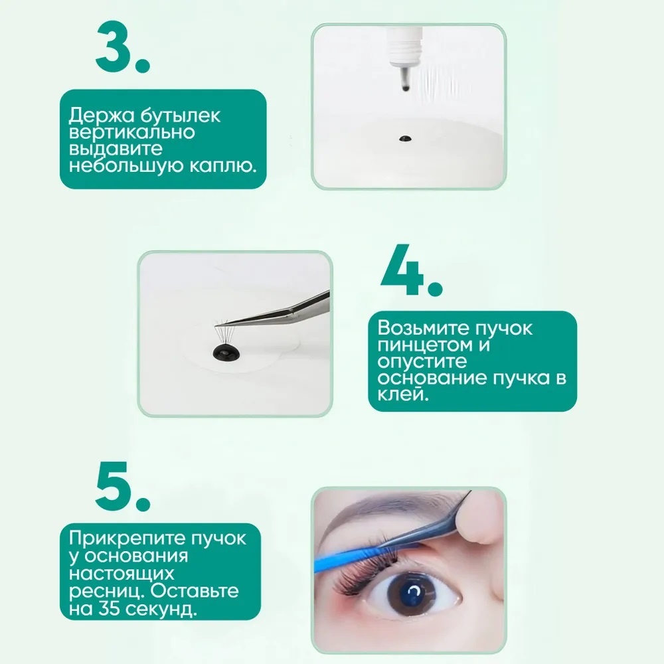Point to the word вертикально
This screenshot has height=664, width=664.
click(x=131, y=132)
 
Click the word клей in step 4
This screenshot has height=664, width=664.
click(x=403, y=394)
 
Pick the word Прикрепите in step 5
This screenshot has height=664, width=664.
click(x=127, y=539)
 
